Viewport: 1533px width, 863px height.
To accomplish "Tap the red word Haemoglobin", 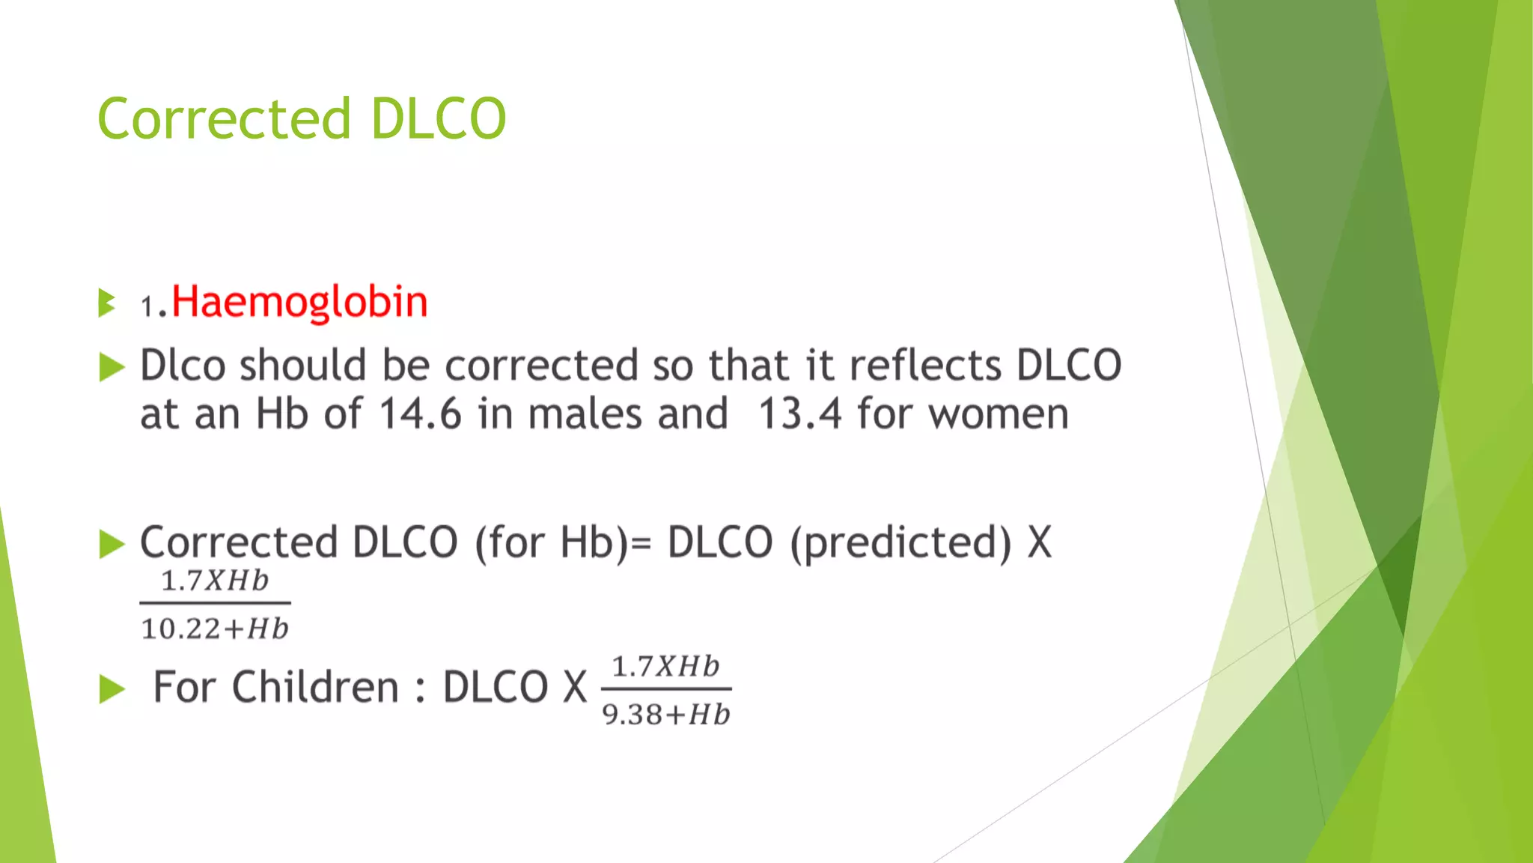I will (x=299, y=302).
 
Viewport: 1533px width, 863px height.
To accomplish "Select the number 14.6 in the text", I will (x=420, y=414).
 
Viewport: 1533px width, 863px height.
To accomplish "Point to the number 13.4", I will (x=799, y=414).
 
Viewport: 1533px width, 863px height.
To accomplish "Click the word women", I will (x=999, y=414).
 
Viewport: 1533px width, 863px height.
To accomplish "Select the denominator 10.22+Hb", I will (x=215, y=629).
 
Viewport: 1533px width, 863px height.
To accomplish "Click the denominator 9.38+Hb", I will (x=666, y=715).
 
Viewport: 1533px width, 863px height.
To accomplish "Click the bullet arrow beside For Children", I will (x=112, y=689).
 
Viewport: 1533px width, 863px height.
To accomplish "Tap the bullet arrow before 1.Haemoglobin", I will (x=107, y=303).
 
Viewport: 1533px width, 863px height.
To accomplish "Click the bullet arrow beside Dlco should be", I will (x=112, y=367).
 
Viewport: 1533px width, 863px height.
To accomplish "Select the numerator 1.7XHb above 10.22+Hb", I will (x=215, y=581).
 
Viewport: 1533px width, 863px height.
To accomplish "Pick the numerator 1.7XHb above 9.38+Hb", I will (x=666, y=666).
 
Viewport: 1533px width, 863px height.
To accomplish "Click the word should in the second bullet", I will (x=302, y=366).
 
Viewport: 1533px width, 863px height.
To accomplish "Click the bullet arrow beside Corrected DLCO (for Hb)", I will (x=112, y=544).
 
